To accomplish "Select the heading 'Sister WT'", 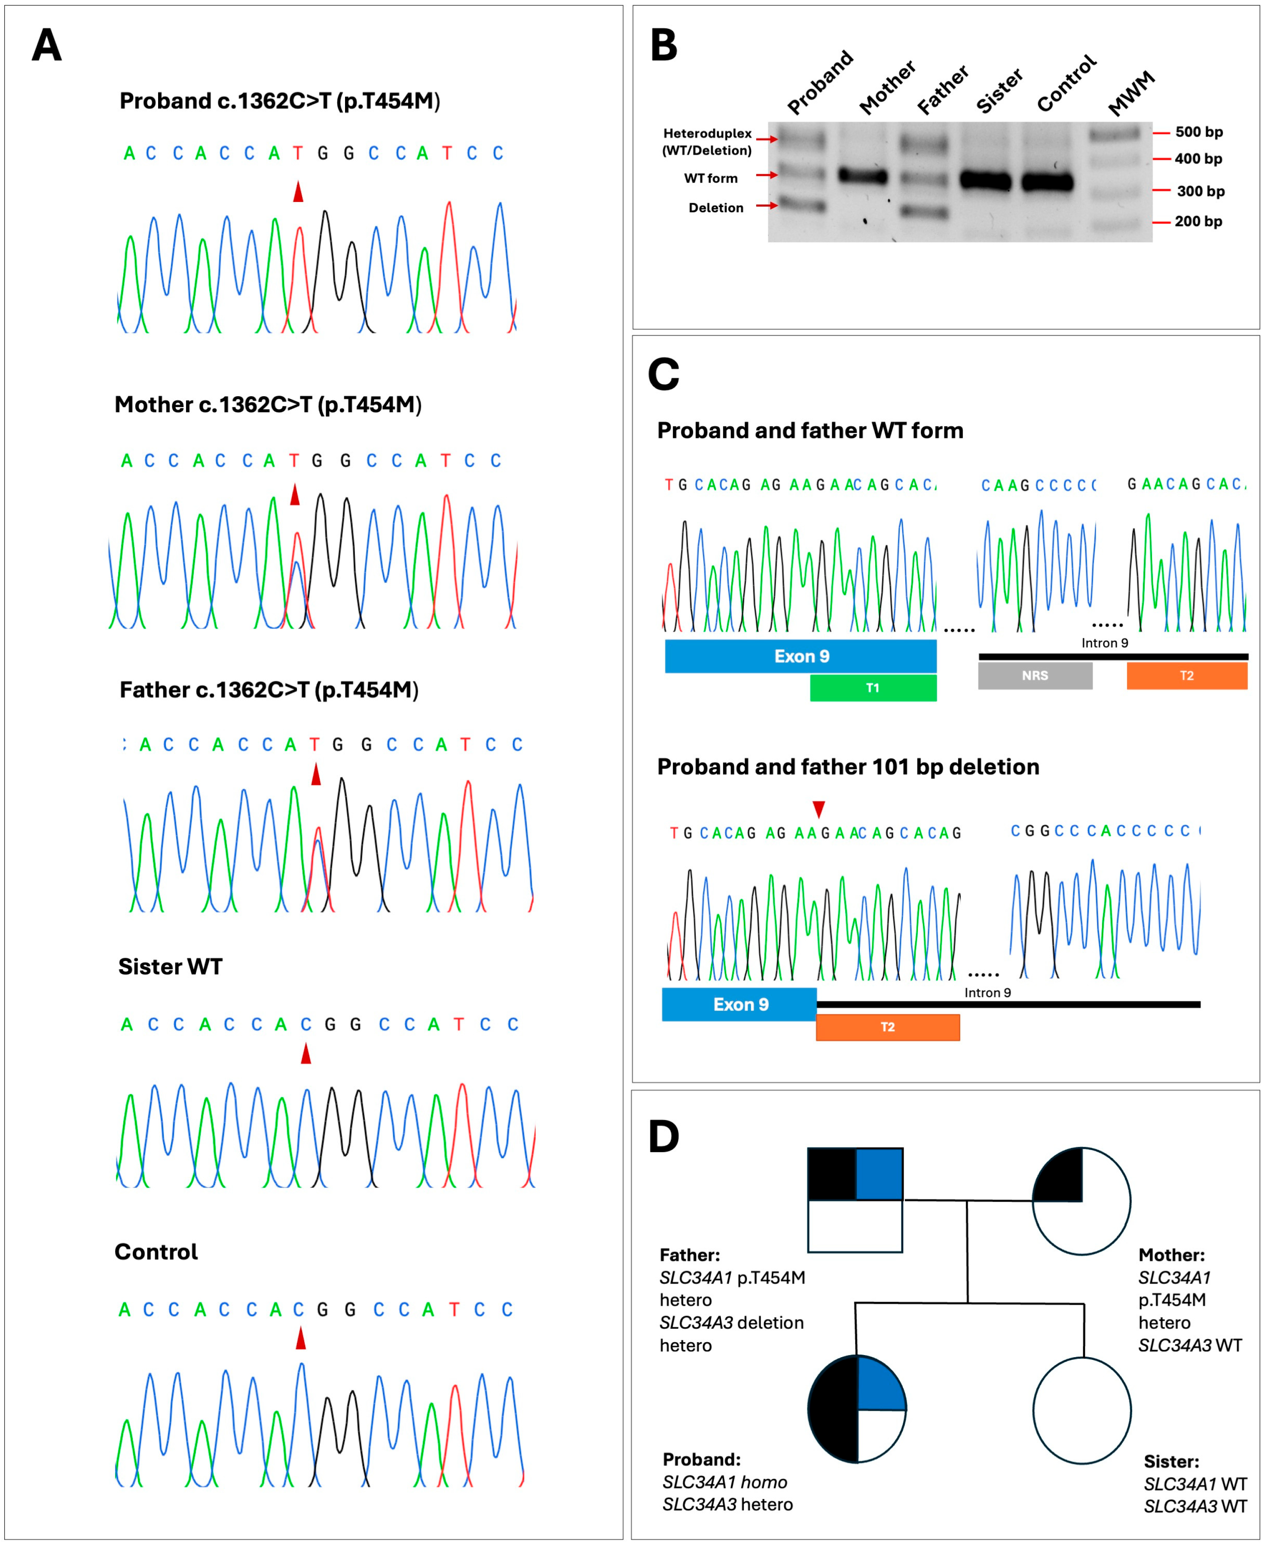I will [x=170, y=967].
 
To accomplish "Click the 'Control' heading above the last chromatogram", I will [x=156, y=1252].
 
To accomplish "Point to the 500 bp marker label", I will [x=1199, y=132].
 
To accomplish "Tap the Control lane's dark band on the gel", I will [x=1047, y=181].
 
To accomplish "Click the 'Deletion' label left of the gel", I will [x=715, y=208].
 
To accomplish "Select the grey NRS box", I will [x=1035, y=676].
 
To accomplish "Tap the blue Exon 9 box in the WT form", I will [x=801, y=656].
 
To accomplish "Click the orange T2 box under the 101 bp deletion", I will [x=888, y=1027].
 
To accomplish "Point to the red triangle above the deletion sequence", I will [x=819, y=809].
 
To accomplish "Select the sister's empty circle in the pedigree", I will [x=1082, y=1410].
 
